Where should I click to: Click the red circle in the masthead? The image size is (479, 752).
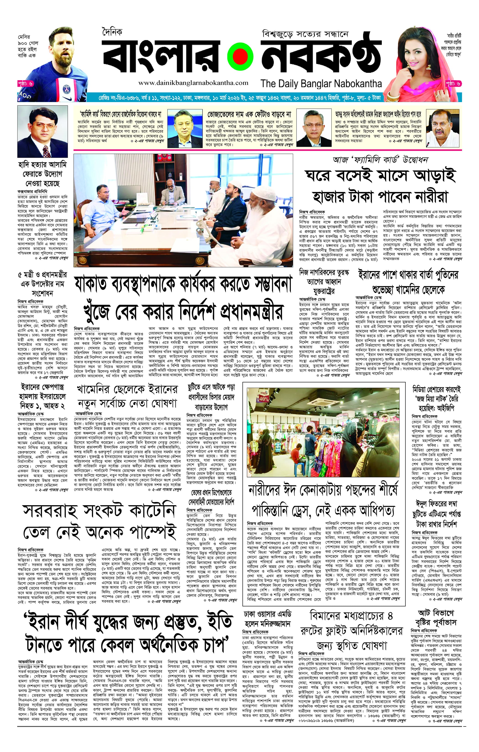coord(239,57)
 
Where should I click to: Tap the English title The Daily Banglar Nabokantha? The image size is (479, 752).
coord(321,84)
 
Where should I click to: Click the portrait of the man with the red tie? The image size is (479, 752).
coord(42,131)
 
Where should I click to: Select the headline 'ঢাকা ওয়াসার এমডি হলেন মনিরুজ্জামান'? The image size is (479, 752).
coord(267,619)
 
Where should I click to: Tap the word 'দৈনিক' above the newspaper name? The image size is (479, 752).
coord(112,32)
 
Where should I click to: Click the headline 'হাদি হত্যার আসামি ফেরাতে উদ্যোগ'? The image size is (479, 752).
coord(42,174)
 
